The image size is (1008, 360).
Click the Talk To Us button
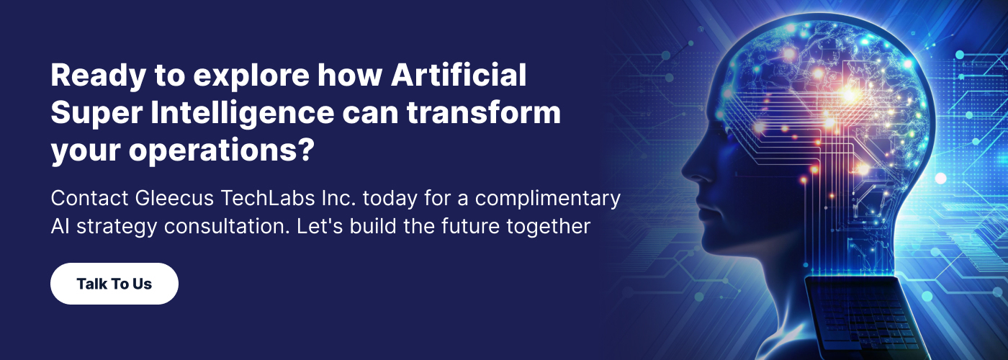tap(114, 284)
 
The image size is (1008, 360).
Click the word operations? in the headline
tap(216, 152)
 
